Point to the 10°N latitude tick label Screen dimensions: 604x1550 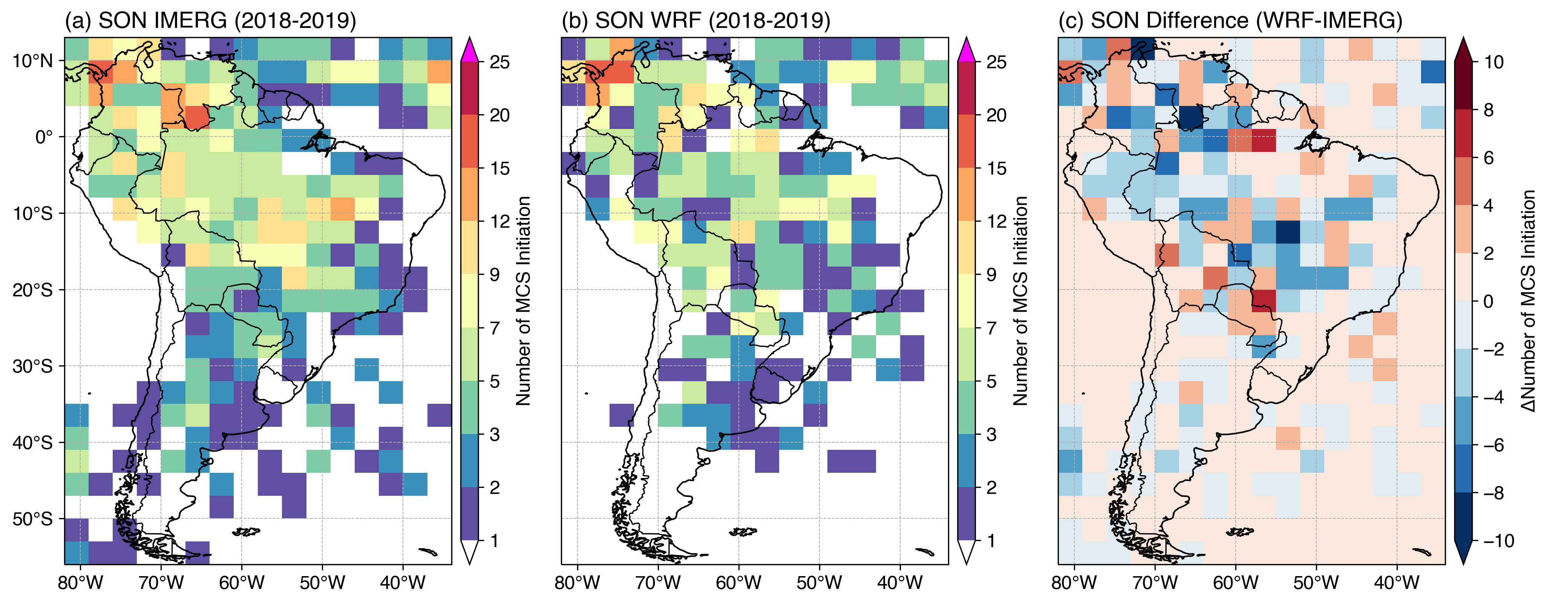pyautogui.click(x=33, y=61)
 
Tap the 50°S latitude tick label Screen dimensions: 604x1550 pyautogui.click(x=33, y=518)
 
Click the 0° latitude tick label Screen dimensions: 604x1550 pyautogui.click(x=44, y=137)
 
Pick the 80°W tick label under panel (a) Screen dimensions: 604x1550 pyautogui.click(x=81, y=583)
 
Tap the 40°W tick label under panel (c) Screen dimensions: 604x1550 pyautogui.click(x=1397, y=583)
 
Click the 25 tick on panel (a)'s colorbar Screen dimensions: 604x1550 pyautogui.click(x=499, y=62)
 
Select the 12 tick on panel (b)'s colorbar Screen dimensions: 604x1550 pyautogui.click(x=996, y=221)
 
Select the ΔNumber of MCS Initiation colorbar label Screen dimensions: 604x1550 pyautogui.click(x=1529, y=301)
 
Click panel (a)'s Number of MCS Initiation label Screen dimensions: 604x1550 pyautogui.click(x=524, y=301)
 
